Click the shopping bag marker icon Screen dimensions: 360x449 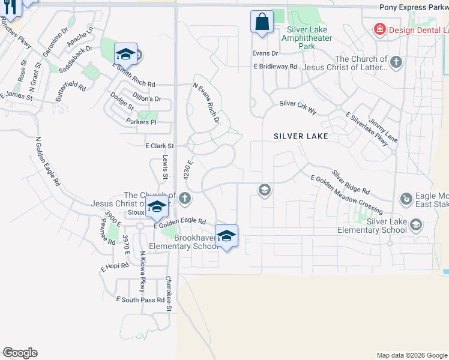(x=262, y=22)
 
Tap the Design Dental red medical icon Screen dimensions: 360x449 (x=379, y=29)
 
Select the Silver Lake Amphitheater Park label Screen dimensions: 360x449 (x=310, y=37)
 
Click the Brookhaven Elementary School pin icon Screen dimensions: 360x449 (x=226, y=236)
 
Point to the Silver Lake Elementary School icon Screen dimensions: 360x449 (x=415, y=226)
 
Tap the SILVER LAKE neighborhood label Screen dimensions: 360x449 (x=301, y=136)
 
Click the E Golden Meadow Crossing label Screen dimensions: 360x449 (x=346, y=194)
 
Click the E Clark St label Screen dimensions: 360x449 (x=159, y=146)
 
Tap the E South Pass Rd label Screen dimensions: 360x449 (x=140, y=299)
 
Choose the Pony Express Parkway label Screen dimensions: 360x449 (x=414, y=7)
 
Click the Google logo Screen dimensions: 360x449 (x=20, y=353)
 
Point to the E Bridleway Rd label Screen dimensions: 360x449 (x=275, y=67)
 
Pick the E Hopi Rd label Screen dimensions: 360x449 (x=115, y=266)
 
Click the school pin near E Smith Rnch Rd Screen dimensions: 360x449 (x=126, y=55)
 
